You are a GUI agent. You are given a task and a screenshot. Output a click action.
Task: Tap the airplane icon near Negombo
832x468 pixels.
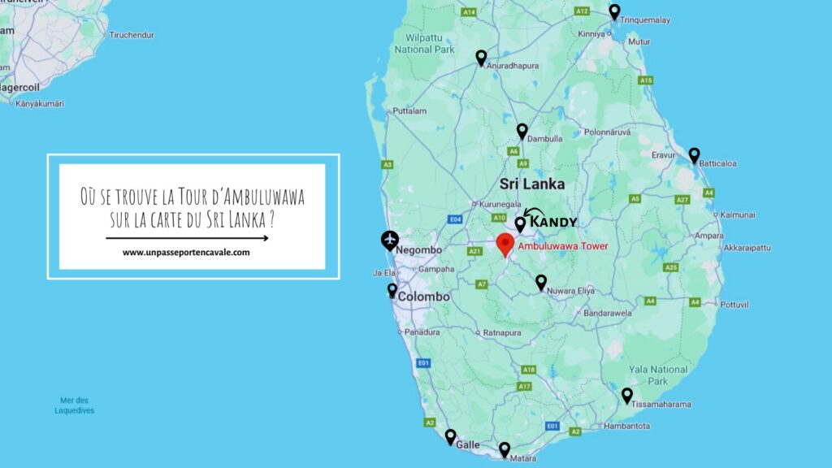coord(391,240)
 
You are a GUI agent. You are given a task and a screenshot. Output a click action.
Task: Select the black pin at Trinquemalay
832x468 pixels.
coord(615,12)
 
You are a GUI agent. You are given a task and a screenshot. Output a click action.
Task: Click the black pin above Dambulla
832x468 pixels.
coord(522,131)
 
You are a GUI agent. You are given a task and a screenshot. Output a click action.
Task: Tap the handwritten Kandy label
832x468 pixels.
coord(554,222)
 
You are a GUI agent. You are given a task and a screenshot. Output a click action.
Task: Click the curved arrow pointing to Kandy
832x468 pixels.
coord(534,214)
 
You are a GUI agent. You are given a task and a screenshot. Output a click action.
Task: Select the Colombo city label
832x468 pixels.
coord(423,297)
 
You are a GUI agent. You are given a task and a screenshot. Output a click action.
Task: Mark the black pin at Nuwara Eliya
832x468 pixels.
coord(541,282)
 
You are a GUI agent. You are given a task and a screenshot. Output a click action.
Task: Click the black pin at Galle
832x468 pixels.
coord(450,437)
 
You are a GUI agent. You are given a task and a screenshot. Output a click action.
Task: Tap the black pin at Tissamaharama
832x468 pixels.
coord(627,396)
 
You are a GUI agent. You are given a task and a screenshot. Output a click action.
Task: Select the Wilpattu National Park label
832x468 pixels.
coord(424,43)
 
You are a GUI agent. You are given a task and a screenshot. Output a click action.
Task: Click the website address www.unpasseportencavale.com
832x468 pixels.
coord(186,253)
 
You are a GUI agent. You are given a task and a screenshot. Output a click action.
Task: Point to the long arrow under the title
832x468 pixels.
coord(187,238)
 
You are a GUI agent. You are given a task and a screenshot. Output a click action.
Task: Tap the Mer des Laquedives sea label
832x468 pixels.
coord(74,405)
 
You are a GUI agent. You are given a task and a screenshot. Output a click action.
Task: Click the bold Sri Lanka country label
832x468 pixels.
coord(532,184)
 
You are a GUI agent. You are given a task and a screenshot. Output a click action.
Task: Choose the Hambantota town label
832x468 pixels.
coord(626,426)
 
